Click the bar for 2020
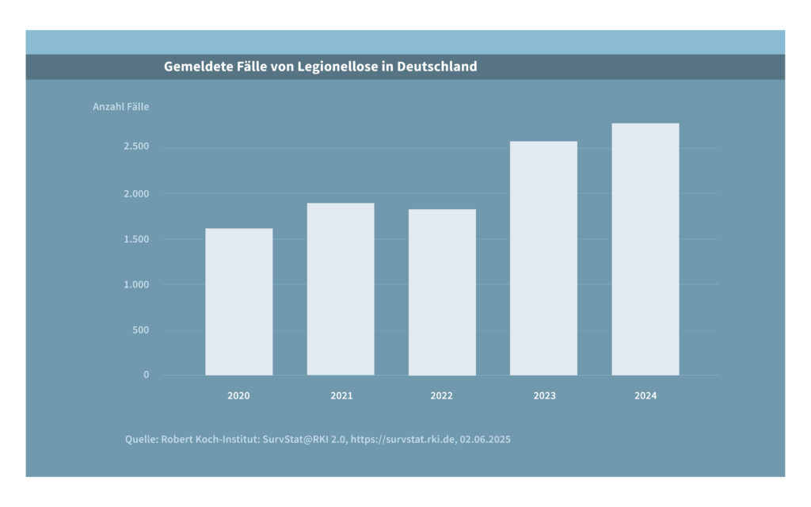click(238, 302)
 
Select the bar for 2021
click(341, 289)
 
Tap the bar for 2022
click(442, 292)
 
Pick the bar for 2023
click(543, 258)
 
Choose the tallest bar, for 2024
click(645, 249)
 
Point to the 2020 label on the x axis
click(238, 395)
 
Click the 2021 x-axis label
click(341, 395)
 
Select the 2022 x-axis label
click(442, 395)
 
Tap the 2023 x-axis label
click(544, 395)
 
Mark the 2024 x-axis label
click(645, 395)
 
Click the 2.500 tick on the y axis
click(136, 147)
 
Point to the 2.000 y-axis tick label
click(136, 193)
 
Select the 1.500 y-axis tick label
click(136, 239)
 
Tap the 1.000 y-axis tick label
click(136, 284)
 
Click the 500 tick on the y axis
click(141, 330)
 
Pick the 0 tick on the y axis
click(146, 375)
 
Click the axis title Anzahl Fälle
click(120, 107)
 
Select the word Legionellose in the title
click(337, 67)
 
